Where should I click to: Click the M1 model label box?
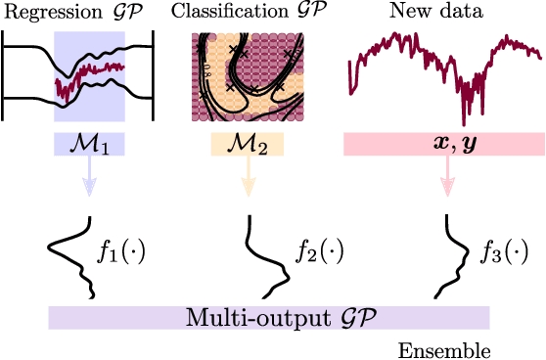(90, 145)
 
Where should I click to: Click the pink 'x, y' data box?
(444, 145)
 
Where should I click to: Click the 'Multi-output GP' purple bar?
(268, 317)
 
